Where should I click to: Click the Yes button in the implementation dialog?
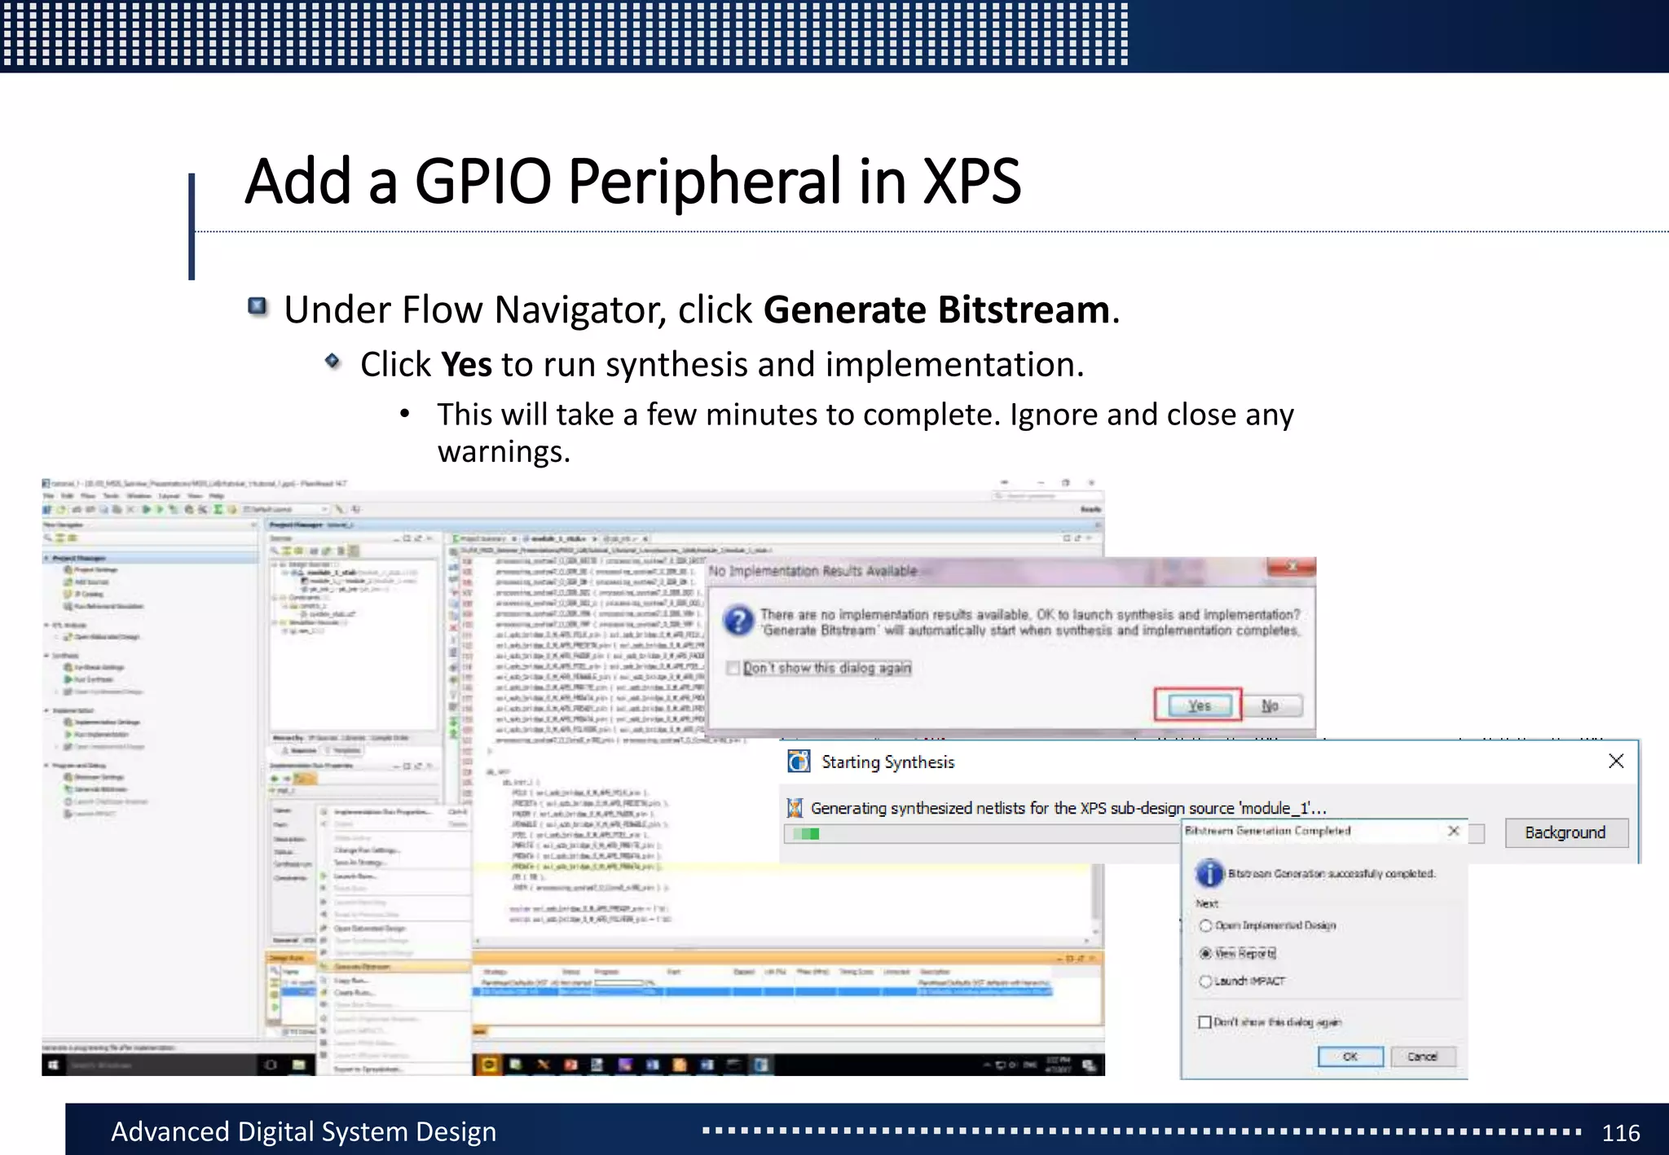point(1198,705)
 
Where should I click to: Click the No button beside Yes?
point(1270,705)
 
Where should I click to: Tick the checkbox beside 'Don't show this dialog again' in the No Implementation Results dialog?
point(733,668)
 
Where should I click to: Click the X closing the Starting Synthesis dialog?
point(1616,761)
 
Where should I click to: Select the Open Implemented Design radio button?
point(1205,925)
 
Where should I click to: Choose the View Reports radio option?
point(1205,953)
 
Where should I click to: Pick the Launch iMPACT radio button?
point(1205,981)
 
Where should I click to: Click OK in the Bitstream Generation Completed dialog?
point(1350,1056)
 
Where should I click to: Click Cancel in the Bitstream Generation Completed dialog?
point(1422,1056)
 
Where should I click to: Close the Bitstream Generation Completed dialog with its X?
point(1453,831)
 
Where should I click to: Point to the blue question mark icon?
point(738,621)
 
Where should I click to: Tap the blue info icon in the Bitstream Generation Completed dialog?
point(1209,873)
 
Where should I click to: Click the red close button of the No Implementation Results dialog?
point(1292,567)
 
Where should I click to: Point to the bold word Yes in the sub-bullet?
point(466,364)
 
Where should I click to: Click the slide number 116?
point(1620,1132)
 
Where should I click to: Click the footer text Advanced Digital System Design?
point(303,1131)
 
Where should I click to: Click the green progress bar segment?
point(808,833)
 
